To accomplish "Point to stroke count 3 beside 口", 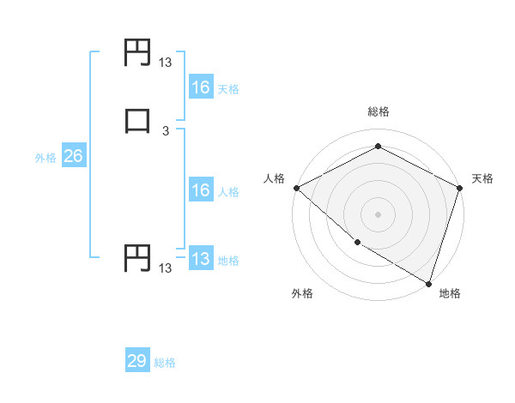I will coord(166,131).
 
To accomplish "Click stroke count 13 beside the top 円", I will coord(166,63).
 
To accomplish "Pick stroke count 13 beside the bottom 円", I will coord(166,268).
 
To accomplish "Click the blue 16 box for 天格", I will coord(200,87).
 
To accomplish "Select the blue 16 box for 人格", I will coord(200,190).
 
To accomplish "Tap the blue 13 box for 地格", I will coord(200,259).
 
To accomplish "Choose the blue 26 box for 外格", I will coord(73,156).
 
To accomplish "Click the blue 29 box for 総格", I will coord(137,361).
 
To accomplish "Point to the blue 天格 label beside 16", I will coord(228,88).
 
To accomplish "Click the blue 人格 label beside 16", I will coord(228,192).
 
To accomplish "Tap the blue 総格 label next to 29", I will coord(165,363).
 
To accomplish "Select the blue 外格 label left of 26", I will coord(45,158).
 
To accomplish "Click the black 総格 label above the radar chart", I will coord(378,111).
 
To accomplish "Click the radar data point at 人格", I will coord(296,188).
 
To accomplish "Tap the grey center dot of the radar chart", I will coord(378,214).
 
